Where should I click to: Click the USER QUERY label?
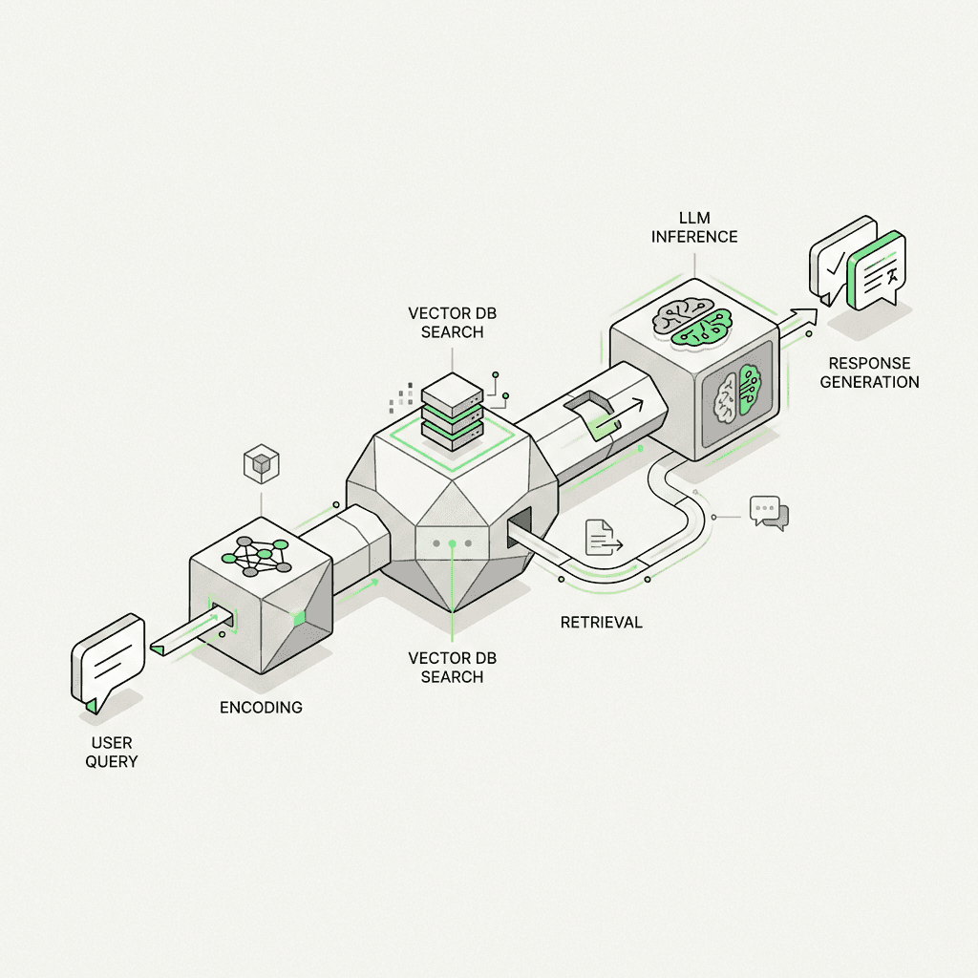pos(114,752)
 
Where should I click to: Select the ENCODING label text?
pos(261,708)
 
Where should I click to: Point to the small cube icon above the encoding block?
pos(261,465)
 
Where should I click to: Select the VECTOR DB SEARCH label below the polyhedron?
pos(452,668)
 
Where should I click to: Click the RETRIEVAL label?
pos(601,623)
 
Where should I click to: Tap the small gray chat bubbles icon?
pos(770,513)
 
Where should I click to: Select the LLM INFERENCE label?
pos(694,227)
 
